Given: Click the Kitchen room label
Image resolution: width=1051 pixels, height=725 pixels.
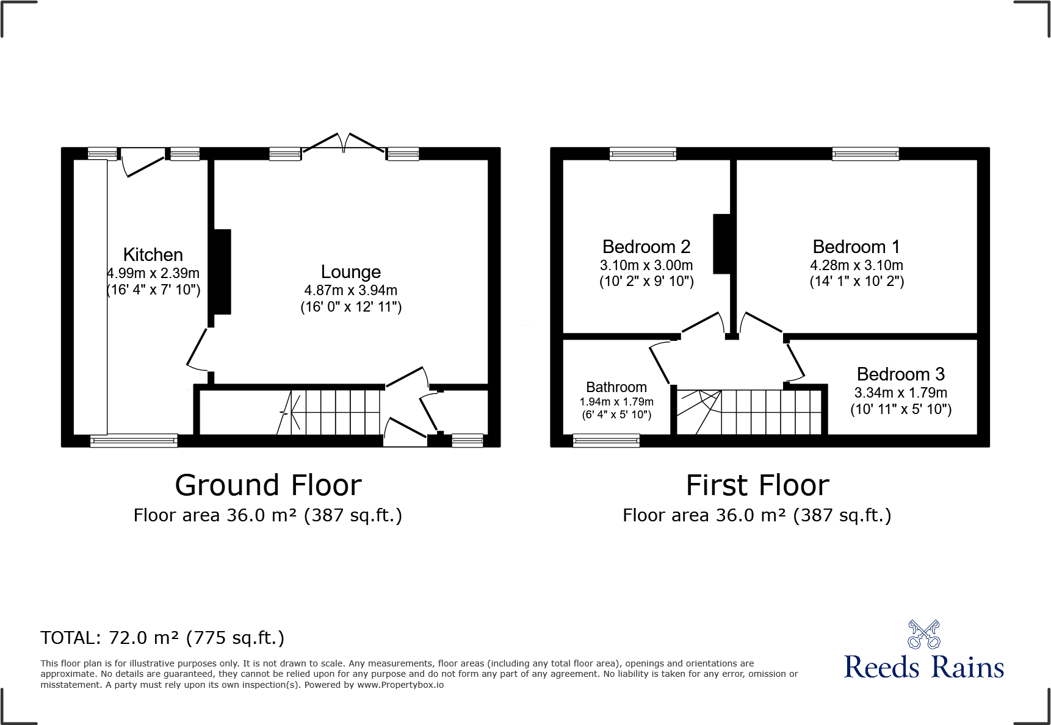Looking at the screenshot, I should point(153,254).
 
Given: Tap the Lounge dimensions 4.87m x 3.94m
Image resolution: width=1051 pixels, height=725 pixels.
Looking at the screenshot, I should point(350,290).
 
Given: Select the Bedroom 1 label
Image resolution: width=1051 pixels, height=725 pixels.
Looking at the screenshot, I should point(856,247).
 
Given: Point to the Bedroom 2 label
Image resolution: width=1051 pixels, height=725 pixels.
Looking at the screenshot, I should point(646,247).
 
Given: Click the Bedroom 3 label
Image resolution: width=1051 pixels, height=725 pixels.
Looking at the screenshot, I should point(900,374).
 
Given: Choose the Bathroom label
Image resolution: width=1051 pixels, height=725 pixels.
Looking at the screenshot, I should point(616,387).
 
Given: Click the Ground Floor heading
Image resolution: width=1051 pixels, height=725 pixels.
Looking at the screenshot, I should point(268,485).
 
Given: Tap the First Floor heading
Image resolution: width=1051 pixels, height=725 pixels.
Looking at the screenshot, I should point(757,485).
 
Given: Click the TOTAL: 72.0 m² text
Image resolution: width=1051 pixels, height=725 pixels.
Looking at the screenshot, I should point(162,638).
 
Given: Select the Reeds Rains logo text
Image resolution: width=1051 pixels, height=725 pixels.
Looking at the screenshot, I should point(923,667).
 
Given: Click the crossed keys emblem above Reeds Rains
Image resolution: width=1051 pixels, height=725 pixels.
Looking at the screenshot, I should point(923,634).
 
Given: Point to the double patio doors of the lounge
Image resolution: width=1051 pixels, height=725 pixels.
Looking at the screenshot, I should point(344,144).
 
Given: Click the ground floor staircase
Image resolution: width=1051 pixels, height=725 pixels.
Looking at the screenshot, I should point(330,412).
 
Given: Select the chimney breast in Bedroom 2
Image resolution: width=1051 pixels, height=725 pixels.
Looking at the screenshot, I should point(722,243).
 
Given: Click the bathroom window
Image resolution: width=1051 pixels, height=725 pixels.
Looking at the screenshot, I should point(606,440).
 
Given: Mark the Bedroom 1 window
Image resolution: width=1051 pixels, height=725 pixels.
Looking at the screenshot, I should point(865,154).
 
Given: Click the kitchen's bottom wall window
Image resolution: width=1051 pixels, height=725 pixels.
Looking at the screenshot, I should point(134,440).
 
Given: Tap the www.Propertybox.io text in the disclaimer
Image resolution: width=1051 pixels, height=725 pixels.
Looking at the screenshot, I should point(400,685).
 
